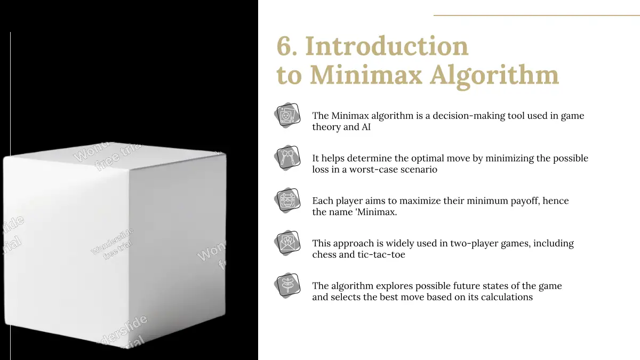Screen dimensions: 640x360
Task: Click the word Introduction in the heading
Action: tap(387, 46)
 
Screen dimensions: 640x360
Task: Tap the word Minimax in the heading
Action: tap(366, 75)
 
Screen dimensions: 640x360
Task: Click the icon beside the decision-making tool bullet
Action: tap(287, 115)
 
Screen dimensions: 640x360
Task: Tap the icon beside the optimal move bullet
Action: tap(287, 158)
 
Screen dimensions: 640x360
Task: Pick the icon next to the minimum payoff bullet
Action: tap(287, 201)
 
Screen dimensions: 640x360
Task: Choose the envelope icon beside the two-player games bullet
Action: tap(287, 243)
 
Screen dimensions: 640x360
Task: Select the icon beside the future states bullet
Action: tap(287, 286)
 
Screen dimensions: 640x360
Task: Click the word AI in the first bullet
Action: tap(366, 127)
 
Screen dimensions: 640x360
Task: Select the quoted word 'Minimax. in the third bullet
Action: tap(375, 212)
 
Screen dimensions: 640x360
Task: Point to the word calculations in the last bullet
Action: tap(507, 297)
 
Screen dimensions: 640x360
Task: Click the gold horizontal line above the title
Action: tap(537, 15)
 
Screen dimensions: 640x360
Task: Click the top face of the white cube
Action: tap(114, 156)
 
